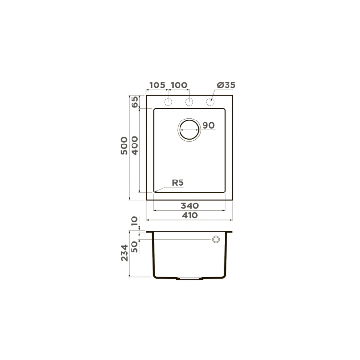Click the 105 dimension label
(x=157, y=85)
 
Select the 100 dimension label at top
(x=179, y=85)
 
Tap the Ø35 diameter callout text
(x=226, y=85)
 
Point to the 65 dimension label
(x=135, y=102)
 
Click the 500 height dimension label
(x=124, y=145)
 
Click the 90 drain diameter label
(x=208, y=126)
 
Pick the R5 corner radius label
(x=178, y=182)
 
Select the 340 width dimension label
(x=190, y=205)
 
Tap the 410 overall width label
(x=190, y=216)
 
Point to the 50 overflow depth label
(x=135, y=246)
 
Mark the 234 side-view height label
(x=124, y=253)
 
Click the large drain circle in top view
(x=190, y=129)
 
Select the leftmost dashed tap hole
(x=168, y=102)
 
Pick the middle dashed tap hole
(x=190, y=102)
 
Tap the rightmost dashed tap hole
(x=210, y=102)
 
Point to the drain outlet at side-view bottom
(x=189, y=278)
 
